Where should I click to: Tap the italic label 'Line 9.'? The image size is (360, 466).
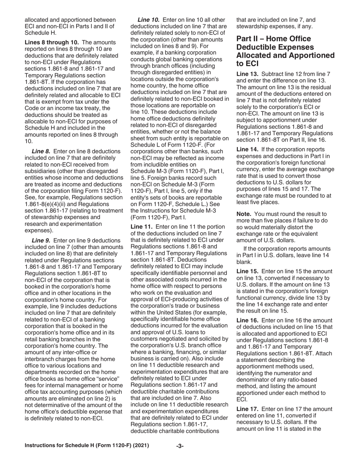coord(41,240)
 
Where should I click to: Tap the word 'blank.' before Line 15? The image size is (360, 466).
coord(244,261)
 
